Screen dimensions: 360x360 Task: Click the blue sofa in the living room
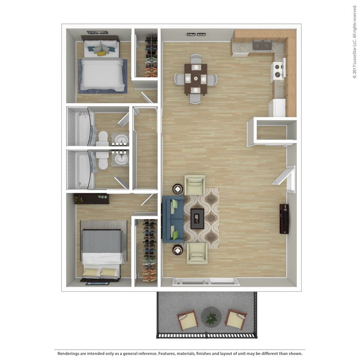(173, 219)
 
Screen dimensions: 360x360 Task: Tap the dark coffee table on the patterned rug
(197, 218)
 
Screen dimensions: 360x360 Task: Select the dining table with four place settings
(195, 78)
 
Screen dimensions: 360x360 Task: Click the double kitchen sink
(262, 45)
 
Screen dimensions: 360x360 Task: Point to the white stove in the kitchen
(278, 70)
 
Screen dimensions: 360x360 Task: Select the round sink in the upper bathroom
(121, 139)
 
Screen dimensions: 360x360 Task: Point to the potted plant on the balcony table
(211, 318)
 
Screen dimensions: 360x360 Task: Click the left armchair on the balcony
(188, 320)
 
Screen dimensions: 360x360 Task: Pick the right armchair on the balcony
(236, 319)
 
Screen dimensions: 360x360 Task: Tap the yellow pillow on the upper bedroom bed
(102, 53)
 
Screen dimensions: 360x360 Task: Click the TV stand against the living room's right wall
(284, 219)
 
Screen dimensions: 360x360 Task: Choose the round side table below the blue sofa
(177, 250)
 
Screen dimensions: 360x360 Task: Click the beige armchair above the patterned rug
(195, 185)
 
